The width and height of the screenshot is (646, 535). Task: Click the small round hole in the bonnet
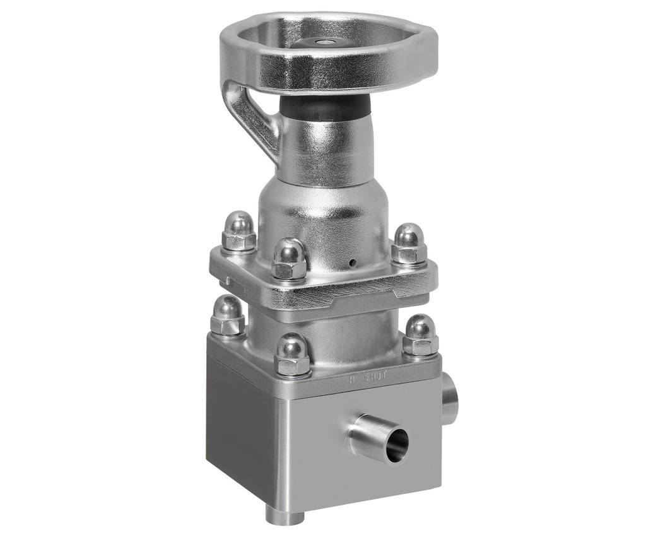point(353,261)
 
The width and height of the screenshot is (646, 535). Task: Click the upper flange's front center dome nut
point(290,259)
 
